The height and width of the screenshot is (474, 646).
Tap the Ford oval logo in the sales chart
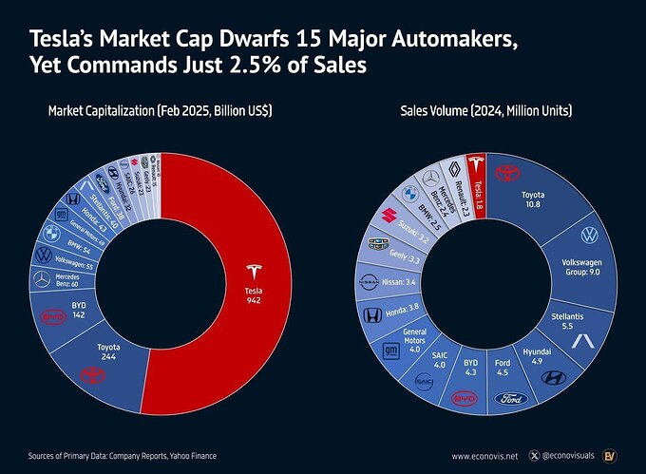pos(510,399)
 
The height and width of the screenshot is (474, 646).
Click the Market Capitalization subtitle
pos(161,111)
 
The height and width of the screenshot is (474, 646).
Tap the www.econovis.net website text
pos(491,456)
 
